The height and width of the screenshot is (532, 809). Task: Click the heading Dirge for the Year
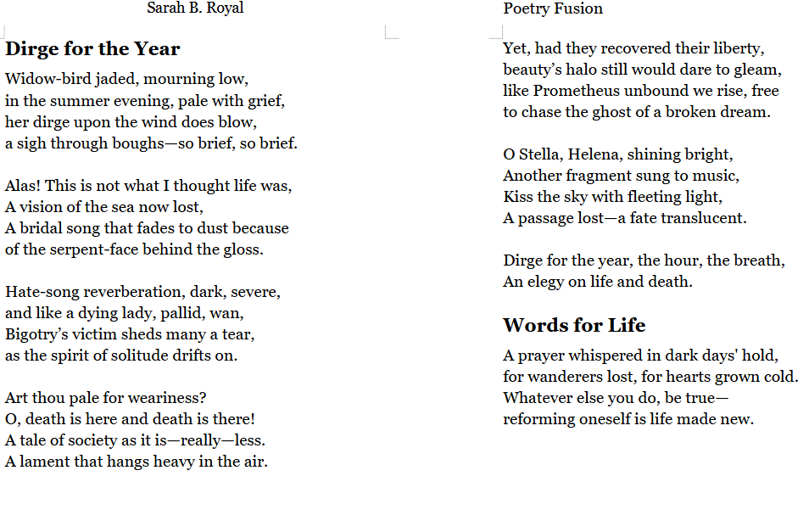pyautogui.click(x=92, y=49)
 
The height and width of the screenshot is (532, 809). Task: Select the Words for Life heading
pyautogui.click(x=574, y=326)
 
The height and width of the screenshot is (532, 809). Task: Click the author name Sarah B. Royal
pyautogui.click(x=195, y=8)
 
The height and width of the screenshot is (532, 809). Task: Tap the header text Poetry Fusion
pyautogui.click(x=553, y=8)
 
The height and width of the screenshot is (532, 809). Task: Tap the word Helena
pyautogui.click(x=597, y=154)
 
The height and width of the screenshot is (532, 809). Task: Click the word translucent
pyautogui.click(x=705, y=218)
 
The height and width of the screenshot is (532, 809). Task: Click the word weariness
pyautogui.click(x=169, y=398)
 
